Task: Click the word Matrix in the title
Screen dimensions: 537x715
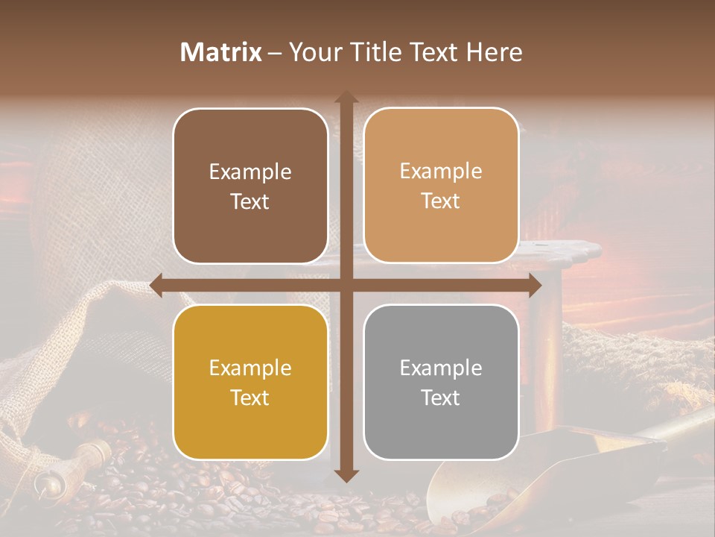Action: pos(221,52)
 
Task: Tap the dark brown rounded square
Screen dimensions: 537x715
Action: pos(250,186)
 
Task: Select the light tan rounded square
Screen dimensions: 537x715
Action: pos(441,186)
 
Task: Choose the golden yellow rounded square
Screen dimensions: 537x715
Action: pos(250,382)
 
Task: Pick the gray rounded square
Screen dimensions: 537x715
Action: pos(441,382)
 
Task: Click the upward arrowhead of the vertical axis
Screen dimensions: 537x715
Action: pos(346,98)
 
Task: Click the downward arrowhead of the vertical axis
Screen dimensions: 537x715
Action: pos(346,475)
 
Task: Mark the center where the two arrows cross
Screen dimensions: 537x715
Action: pos(346,285)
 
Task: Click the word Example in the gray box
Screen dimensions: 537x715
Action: pos(441,368)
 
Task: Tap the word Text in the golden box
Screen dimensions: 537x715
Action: pos(250,398)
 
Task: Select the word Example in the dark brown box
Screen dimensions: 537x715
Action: pos(250,172)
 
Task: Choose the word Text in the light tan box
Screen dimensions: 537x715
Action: pos(441,201)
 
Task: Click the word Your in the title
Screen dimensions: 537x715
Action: pos(313,52)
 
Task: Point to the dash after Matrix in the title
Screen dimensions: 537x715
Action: pos(275,53)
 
